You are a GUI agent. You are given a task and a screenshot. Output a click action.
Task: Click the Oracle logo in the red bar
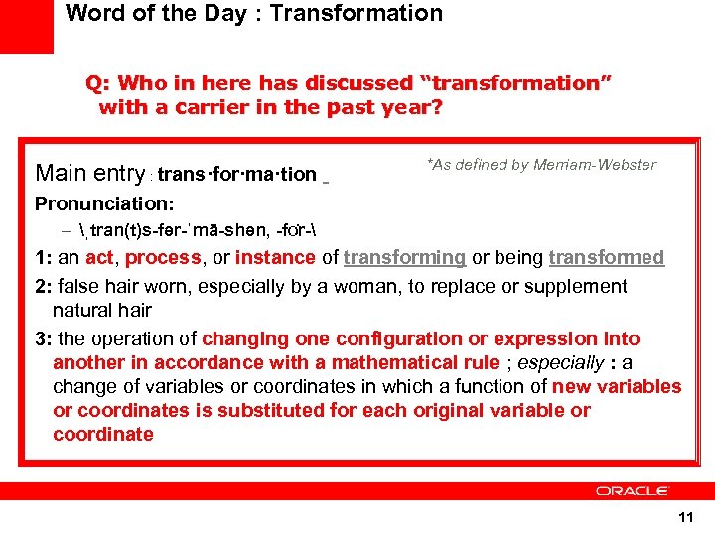[x=633, y=490]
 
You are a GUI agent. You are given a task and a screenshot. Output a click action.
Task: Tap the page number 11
[x=685, y=518]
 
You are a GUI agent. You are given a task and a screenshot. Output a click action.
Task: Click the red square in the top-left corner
[x=26, y=26]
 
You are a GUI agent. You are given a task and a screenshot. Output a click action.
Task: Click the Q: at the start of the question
[x=97, y=84]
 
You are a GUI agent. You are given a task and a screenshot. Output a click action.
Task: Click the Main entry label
[x=89, y=174]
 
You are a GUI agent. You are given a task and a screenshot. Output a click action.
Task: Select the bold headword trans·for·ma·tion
[x=236, y=175]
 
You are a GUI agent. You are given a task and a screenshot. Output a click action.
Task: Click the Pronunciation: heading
[x=104, y=205]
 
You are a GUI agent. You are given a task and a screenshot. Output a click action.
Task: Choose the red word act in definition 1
[x=99, y=258]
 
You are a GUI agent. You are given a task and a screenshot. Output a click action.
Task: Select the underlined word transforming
[x=404, y=258]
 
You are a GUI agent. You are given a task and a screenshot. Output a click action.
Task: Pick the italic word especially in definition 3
[x=566, y=362]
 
